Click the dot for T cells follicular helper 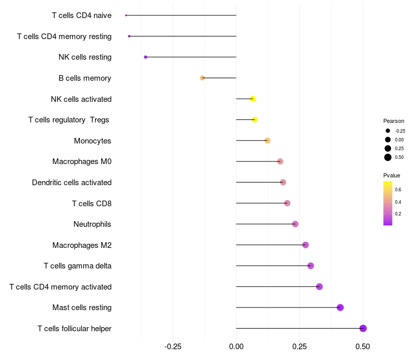click(363, 328)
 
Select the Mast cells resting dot click(340, 308)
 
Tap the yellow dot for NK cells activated click(253, 99)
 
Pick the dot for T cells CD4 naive click(126, 15)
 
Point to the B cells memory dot click(202, 78)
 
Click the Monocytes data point click(267, 140)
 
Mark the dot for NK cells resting click(145, 57)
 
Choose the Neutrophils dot click(295, 224)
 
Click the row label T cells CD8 click(91, 203)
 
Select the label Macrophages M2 click(82, 245)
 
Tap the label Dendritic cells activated click(71, 182)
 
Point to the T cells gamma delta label click(78, 266)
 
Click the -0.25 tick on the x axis click(173, 347)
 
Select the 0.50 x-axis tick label click(363, 347)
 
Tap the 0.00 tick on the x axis click(236, 347)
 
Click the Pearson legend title click(394, 121)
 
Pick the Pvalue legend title click(392, 175)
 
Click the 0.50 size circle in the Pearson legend click(388, 157)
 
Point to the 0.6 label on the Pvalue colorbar click(398, 190)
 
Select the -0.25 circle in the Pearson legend click(388, 131)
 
